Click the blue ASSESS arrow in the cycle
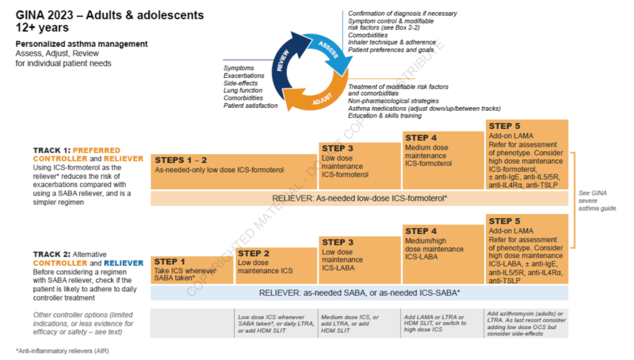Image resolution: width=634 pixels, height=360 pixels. point(329,51)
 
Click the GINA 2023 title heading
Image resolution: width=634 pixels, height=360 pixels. point(110,21)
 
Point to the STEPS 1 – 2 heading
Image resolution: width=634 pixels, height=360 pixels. point(181,160)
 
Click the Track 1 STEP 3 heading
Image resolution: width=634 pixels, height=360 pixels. point(337,149)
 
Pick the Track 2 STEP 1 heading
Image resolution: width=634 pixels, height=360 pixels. point(170,261)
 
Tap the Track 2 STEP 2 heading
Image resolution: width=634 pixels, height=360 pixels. point(253,253)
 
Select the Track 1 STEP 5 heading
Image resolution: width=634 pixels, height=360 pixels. point(504,126)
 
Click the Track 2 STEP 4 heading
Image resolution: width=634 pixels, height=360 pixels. point(421,231)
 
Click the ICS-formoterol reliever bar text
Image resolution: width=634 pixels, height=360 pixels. point(360,199)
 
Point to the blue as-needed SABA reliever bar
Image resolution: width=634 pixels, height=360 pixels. point(360,293)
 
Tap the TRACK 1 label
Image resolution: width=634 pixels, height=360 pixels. point(52,151)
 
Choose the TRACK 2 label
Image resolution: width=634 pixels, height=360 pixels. point(52,255)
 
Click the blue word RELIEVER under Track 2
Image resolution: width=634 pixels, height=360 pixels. point(124,263)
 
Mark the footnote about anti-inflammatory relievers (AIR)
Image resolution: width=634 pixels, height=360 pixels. point(63,351)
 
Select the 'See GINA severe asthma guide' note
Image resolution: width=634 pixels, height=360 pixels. point(597,201)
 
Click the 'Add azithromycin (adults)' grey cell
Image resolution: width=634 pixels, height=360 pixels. point(526,323)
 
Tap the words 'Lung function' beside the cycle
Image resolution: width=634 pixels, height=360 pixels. point(243,90)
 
